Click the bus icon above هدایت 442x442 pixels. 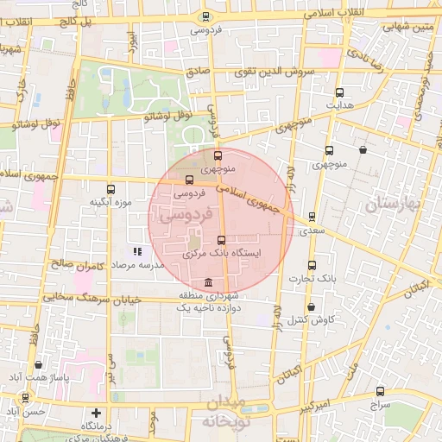339,92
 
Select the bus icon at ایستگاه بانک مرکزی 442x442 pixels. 221,241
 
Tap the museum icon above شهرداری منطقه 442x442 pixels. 208,283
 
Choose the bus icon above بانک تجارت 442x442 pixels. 312,266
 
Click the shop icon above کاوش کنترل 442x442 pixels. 311,307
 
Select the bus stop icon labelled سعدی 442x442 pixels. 311,218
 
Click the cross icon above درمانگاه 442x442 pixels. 97,414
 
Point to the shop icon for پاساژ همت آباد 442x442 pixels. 35,366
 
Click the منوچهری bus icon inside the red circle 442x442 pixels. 218,156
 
